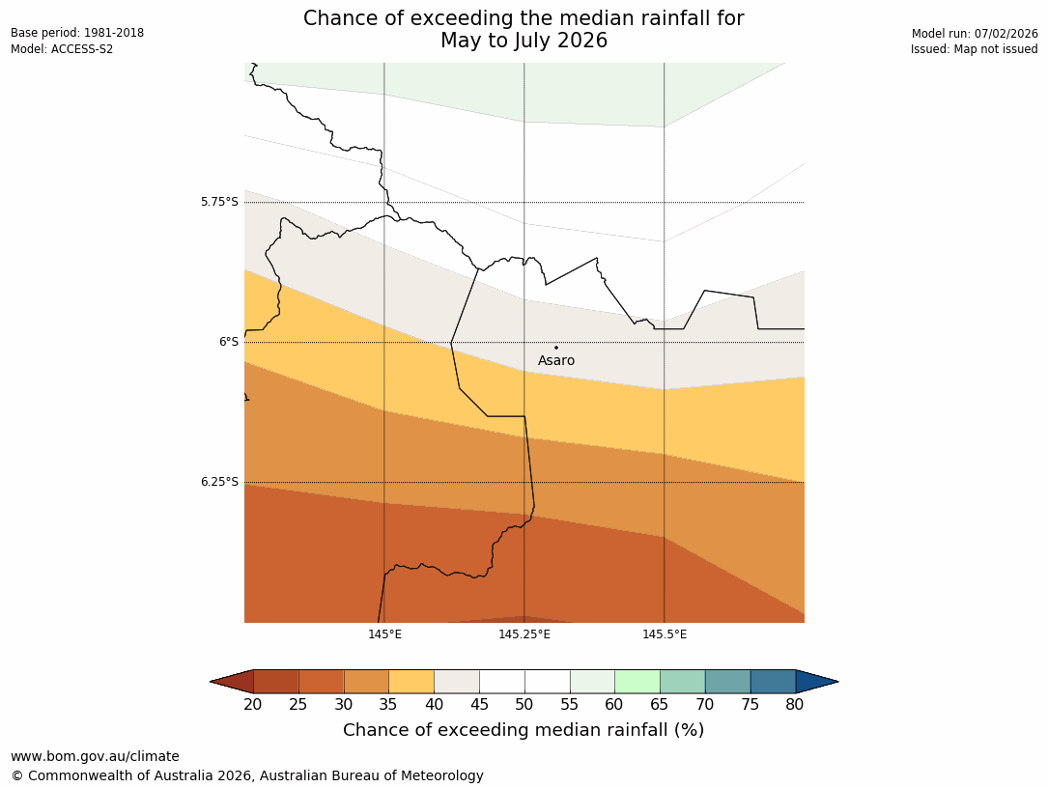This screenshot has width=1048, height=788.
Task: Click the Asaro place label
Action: click(556, 361)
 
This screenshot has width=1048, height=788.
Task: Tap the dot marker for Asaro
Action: click(555, 348)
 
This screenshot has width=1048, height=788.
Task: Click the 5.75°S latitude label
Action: click(219, 202)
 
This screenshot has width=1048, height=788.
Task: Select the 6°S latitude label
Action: click(228, 342)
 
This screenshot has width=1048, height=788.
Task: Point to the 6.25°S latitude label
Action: click(219, 482)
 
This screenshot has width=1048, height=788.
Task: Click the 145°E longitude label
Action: click(384, 634)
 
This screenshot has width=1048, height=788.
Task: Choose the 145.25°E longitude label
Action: click(524, 634)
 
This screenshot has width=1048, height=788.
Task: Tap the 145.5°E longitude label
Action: click(665, 634)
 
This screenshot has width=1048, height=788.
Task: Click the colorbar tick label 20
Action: click(253, 705)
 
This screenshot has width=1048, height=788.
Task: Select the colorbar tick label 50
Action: click(524, 705)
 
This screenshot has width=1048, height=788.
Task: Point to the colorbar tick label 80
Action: click(795, 705)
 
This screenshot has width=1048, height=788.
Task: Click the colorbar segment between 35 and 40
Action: click(411, 682)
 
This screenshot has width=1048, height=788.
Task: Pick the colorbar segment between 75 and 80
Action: click(773, 682)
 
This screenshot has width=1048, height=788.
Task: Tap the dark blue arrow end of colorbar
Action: click(816, 682)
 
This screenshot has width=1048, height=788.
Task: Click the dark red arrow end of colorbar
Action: click(232, 682)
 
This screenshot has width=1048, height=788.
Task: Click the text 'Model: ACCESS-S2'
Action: click(62, 49)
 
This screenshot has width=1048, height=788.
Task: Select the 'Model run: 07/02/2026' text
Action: click(975, 34)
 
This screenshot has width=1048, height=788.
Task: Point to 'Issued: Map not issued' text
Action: click(974, 49)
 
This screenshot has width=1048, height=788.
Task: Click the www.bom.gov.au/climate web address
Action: click(95, 756)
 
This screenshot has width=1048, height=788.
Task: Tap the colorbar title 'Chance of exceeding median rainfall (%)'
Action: click(524, 730)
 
